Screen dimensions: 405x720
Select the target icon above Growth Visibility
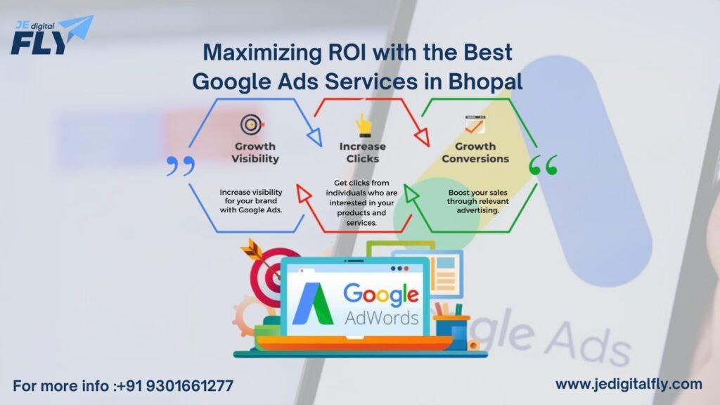coord(252,125)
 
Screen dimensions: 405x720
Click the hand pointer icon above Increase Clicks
coord(363,124)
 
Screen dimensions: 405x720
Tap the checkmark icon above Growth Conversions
coord(474,124)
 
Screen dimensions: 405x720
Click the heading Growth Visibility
coord(255,153)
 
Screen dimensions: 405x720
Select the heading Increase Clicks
coord(363,153)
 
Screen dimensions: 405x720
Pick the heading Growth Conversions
coord(475,153)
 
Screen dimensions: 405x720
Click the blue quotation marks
coord(180,166)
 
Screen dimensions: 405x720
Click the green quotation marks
coord(543,166)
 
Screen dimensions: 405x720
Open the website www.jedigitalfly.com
coord(629,384)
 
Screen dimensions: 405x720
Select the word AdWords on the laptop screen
coord(382,318)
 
